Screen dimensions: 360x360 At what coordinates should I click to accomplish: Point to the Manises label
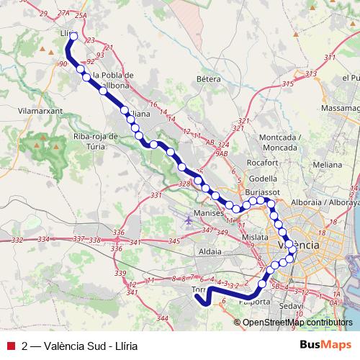(204, 215)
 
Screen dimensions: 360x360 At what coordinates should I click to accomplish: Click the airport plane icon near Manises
(189, 220)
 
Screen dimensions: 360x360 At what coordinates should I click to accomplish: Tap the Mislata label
(255, 235)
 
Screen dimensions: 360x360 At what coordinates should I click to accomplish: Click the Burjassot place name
(261, 194)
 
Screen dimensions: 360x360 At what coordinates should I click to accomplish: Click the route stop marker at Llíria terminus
(73, 35)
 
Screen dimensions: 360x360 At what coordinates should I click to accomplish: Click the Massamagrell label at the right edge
(341, 107)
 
